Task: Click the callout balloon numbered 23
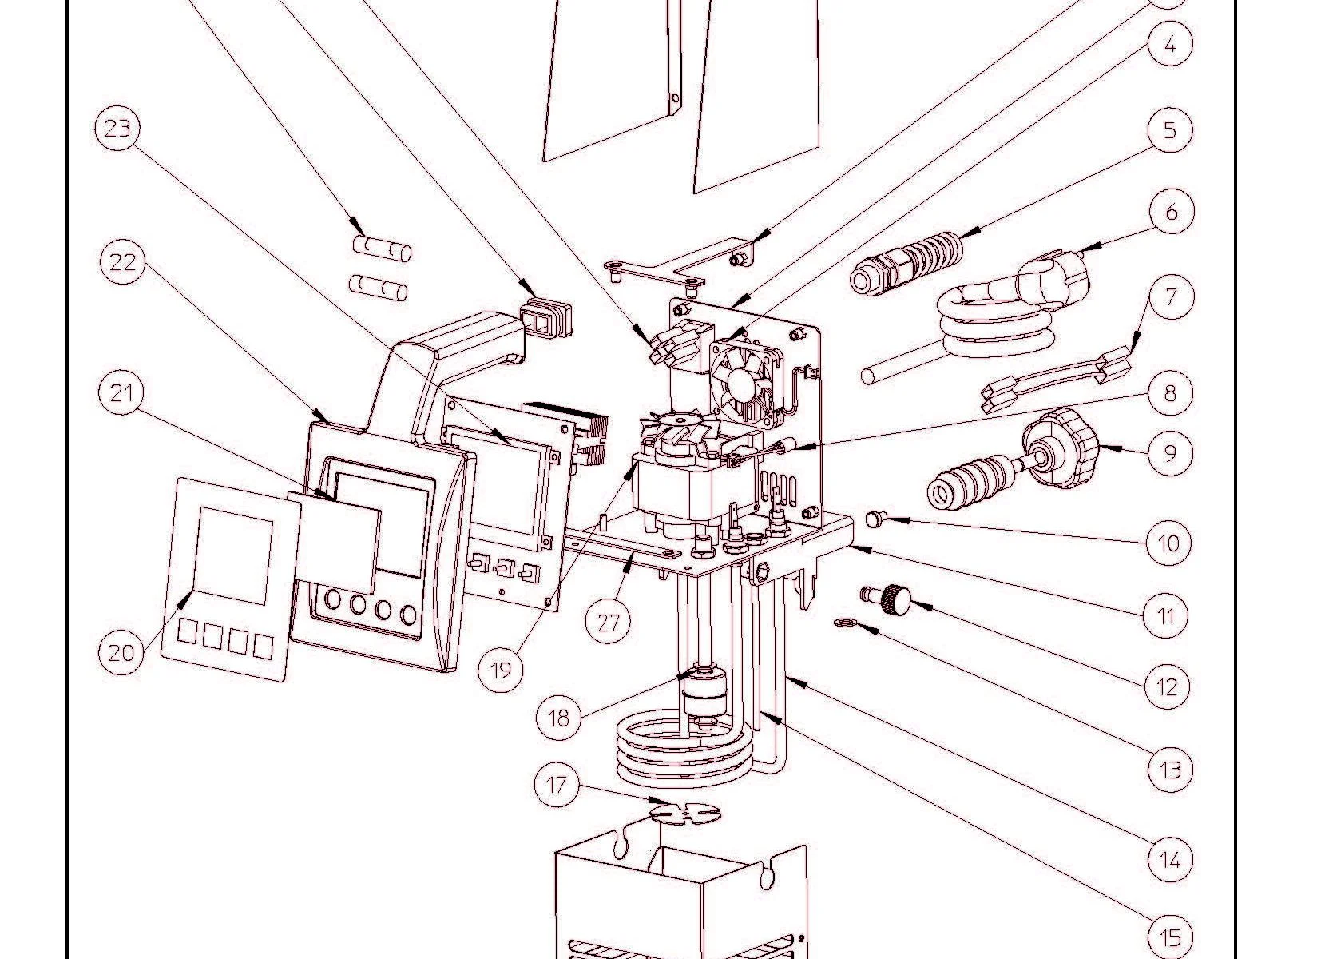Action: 117,128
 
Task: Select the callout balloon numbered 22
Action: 122,262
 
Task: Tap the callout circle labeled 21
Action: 121,394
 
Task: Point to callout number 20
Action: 121,653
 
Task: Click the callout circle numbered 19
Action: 501,669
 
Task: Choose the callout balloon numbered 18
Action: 559,717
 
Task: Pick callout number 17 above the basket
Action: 557,785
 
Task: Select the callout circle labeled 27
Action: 609,621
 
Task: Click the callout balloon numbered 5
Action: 1170,129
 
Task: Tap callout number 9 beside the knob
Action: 1170,453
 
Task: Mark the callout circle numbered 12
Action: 1167,686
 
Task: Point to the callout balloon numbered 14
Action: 1169,860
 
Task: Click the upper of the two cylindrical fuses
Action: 383,249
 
